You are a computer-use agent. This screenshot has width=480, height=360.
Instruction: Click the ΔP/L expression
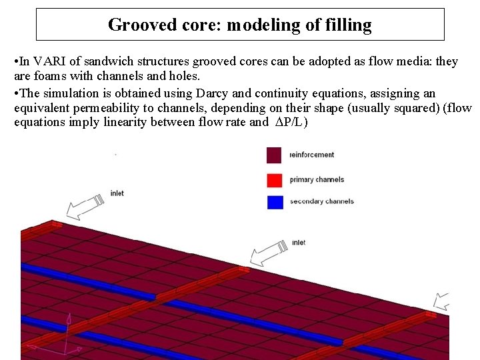click(291, 122)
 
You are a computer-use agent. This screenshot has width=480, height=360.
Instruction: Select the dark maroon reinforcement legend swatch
click(275, 155)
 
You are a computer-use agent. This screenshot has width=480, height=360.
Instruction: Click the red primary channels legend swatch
click(275, 179)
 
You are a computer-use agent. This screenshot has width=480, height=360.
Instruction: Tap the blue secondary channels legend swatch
click(275, 201)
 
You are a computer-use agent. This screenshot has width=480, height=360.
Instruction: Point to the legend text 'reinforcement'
click(311, 155)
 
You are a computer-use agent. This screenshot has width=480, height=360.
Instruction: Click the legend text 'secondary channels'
click(321, 201)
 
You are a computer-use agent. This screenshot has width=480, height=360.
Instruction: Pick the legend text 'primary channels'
click(317, 179)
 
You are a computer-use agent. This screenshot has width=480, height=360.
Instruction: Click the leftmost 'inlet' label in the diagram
click(117, 193)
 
